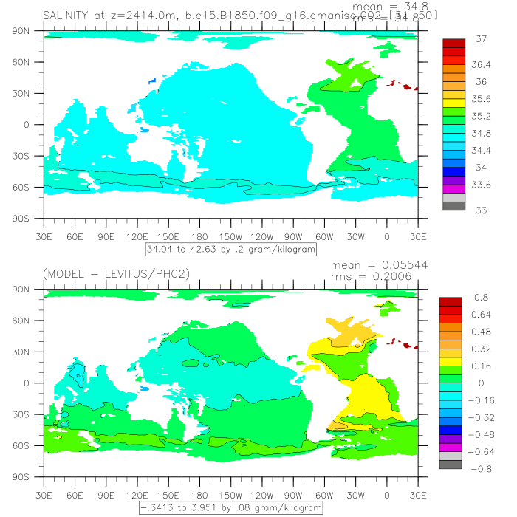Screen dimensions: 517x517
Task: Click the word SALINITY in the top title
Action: point(68,16)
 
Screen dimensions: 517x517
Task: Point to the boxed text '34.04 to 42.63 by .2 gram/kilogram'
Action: point(232,250)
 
